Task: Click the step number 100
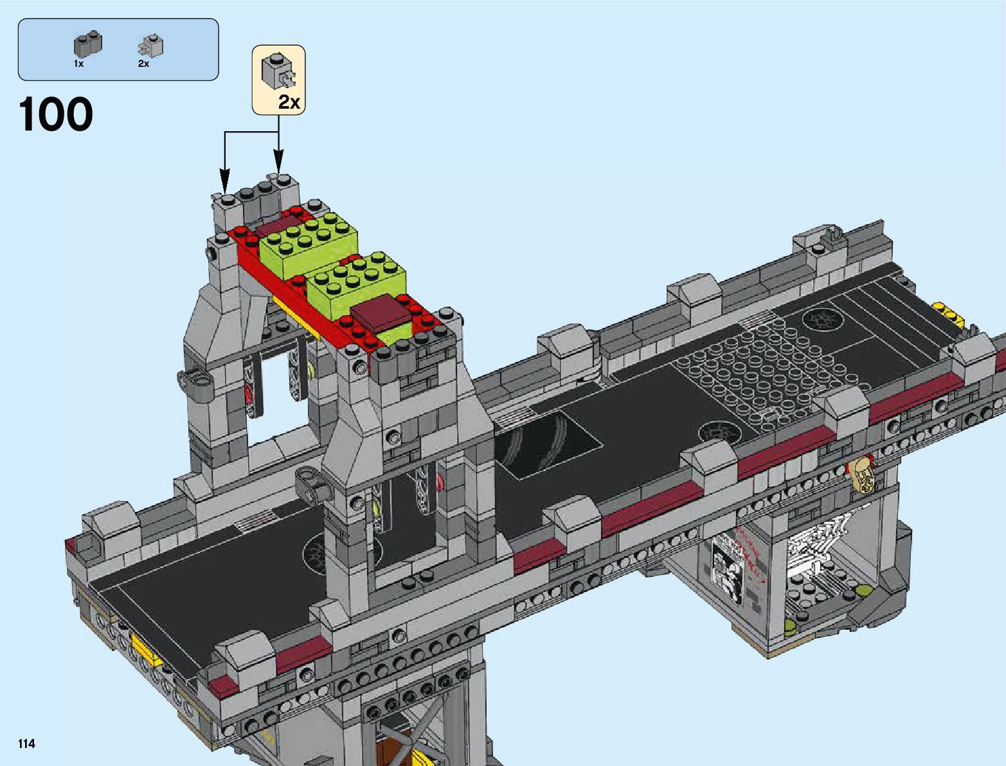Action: tap(55, 114)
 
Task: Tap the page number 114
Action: tap(26, 743)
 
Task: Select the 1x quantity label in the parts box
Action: tap(79, 64)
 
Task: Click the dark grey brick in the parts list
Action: tap(87, 45)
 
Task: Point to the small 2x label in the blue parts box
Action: tap(143, 64)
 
